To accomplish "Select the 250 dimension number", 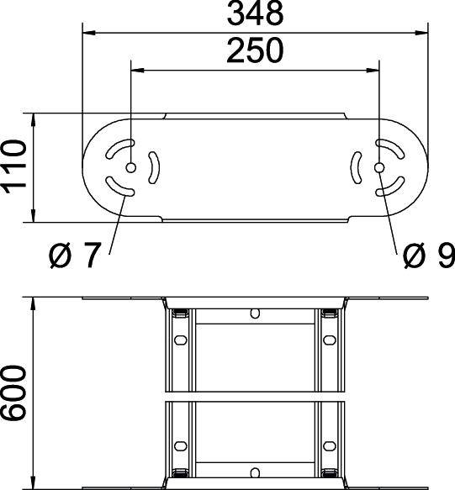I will [254, 52].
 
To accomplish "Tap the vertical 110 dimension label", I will [14, 167].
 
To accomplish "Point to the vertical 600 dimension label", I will [14, 393].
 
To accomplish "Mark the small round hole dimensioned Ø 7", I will [130, 168].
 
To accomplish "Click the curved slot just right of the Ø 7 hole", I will [152, 167].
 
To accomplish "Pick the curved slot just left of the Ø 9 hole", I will [357, 167].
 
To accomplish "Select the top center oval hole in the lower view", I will [254, 313].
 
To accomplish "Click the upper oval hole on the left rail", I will [178, 341].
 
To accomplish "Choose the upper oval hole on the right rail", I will [330, 341].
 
